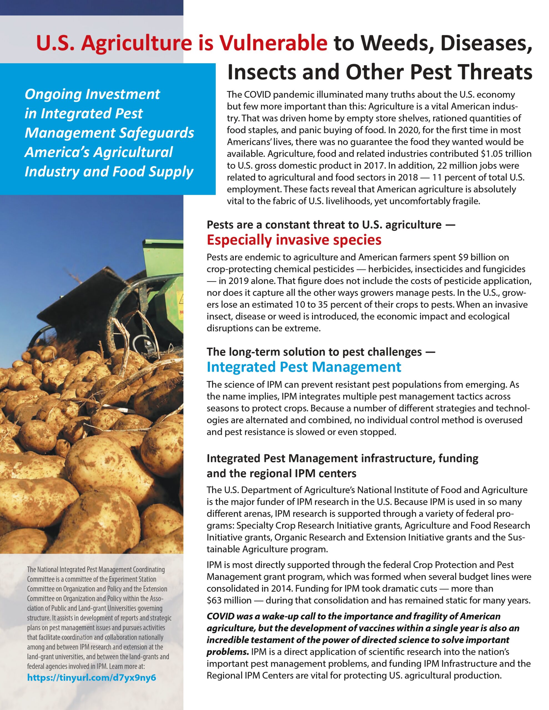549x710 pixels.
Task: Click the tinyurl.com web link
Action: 91,678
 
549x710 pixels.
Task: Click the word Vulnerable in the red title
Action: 273,43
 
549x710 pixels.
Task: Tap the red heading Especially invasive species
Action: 294,240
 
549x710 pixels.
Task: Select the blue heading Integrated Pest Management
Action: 304,367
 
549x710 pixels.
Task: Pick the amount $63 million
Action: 229,600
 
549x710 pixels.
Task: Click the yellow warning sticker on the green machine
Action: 180,298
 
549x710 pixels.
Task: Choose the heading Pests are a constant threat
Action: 331,225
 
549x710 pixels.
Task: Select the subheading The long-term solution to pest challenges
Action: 321,352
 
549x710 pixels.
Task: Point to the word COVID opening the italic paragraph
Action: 221,616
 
